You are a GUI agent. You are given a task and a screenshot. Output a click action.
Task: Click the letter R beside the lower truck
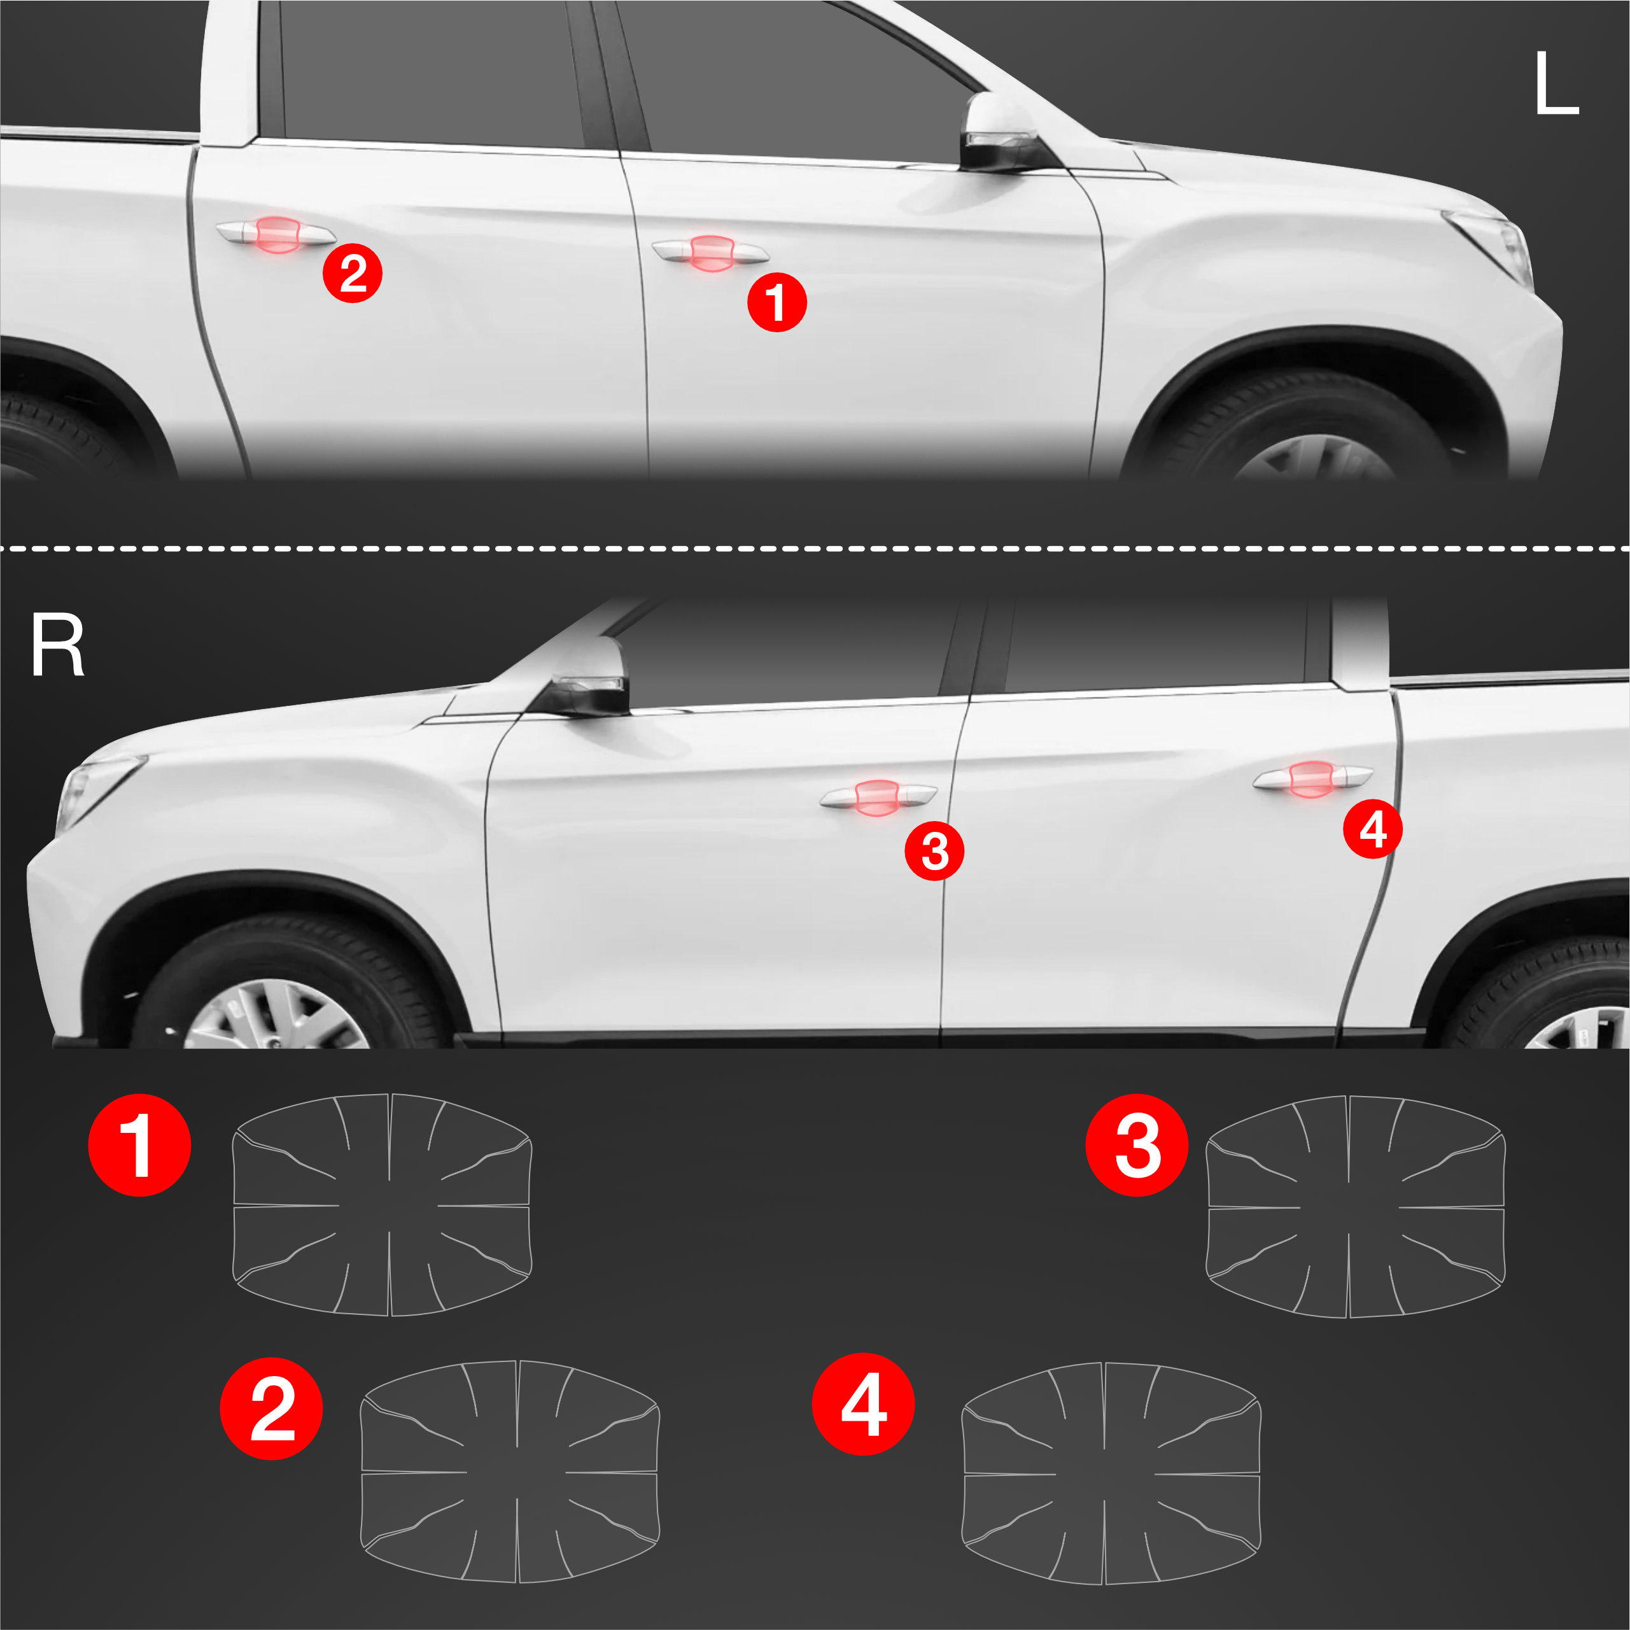pyautogui.click(x=57, y=645)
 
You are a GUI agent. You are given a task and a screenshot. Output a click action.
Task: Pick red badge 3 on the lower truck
pyautogui.click(x=934, y=850)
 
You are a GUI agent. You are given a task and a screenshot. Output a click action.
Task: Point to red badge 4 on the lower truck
pyautogui.click(x=1373, y=829)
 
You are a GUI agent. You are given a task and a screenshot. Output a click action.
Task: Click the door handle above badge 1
pyautogui.click(x=710, y=252)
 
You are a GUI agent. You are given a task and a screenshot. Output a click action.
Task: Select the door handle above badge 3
pyautogui.click(x=878, y=796)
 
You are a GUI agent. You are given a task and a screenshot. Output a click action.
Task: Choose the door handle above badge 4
pyautogui.click(x=1313, y=777)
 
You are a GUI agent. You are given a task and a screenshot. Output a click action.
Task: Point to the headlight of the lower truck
pyautogui.click(x=94, y=791)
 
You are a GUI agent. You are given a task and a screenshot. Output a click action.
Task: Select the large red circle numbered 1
pyautogui.click(x=139, y=1145)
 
